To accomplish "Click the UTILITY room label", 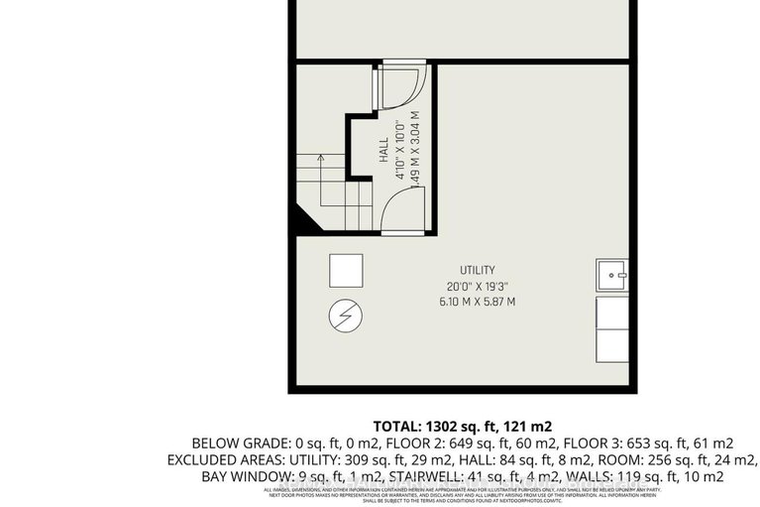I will (x=477, y=270).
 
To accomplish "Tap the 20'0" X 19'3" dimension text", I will (x=477, y=286).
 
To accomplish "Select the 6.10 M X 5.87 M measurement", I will (x=477, y=302).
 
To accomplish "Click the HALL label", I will (x=384, y=151).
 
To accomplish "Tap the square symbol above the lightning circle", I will (x=346, y=270).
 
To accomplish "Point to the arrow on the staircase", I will (x=321, y=156).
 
